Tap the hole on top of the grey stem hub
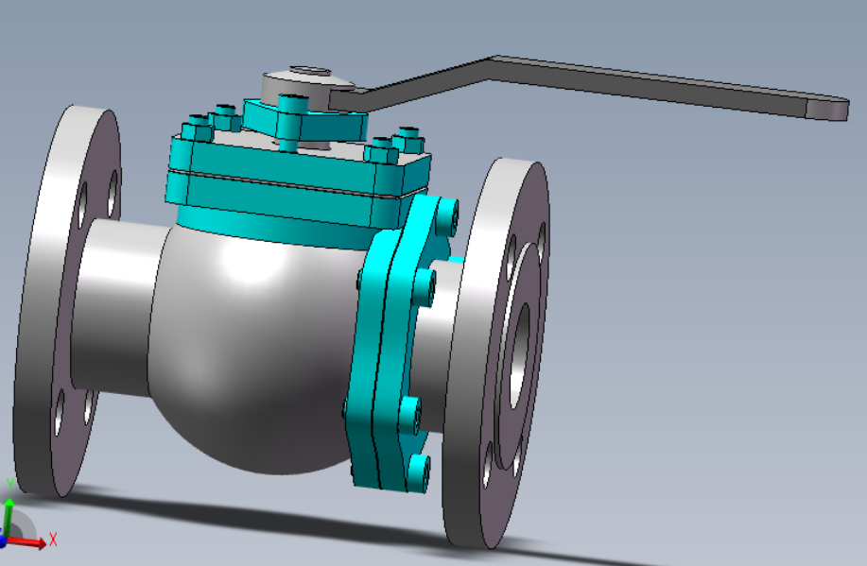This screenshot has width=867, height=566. tap(310, 71)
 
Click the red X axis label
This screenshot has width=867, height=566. tap(53, 540)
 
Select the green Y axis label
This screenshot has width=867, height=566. tap(10, 486)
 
